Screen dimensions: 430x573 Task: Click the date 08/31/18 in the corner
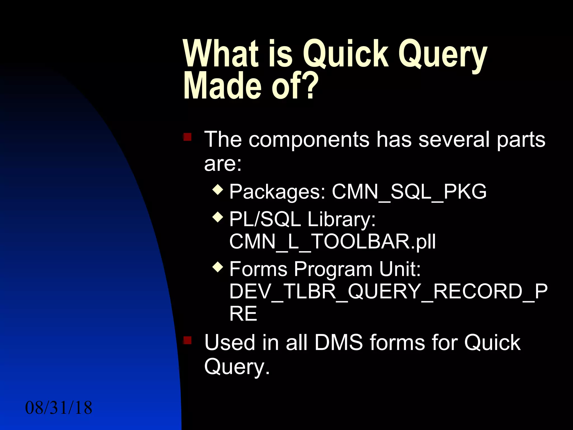[58, 408]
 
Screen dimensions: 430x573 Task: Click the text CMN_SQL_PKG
[409, 192]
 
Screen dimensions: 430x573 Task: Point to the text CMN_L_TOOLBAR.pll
[332, 242]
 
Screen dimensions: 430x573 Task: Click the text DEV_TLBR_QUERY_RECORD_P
[388, 291]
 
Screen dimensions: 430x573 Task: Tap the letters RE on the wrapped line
[243, 314]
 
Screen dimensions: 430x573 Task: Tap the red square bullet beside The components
[187, 137]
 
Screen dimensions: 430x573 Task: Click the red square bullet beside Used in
[187, 340]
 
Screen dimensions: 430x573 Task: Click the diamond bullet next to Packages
[218, 190]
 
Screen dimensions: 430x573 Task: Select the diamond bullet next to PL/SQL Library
[218, 217]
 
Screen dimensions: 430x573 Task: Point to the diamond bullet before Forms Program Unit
[218, 267]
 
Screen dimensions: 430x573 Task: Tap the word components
[309, 139]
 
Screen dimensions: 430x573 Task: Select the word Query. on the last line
[237, 367]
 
